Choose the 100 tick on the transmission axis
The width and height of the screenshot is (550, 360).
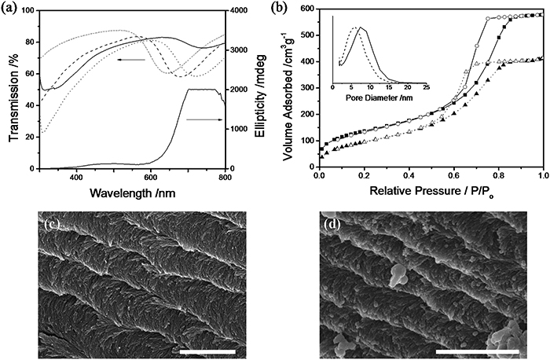click(x=29, y=11)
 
